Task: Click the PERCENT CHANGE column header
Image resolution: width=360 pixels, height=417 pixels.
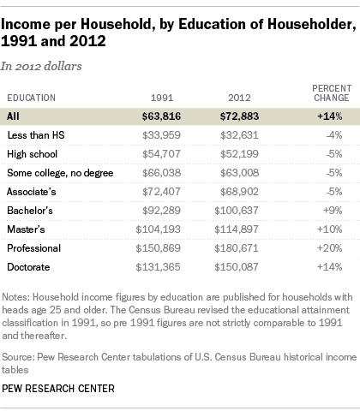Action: [332, 93]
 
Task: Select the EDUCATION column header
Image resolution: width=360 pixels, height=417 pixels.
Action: [32, 98]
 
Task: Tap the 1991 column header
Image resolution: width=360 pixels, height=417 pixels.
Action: [162, 98]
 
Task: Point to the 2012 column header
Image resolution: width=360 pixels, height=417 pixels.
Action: [239, 98]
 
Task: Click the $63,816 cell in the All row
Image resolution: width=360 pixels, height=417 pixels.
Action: [161, 116]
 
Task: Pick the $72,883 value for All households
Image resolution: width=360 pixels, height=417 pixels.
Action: [239, 116]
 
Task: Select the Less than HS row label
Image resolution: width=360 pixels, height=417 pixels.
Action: [36, 135]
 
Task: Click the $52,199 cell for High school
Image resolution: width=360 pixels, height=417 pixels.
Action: [239, 154]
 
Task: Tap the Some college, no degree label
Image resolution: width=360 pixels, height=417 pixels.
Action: [60, 173]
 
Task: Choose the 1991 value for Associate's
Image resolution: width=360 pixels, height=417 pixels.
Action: [161, 192]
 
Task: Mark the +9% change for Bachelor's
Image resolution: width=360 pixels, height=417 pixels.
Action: [333, 211]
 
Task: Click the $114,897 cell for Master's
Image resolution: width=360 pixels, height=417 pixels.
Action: [237, 229]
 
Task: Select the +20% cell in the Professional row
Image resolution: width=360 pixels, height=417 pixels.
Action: [330, 248]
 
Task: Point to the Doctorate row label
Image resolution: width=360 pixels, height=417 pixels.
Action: [28, 267]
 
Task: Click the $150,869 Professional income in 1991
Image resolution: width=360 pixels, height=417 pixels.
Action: [158, 248]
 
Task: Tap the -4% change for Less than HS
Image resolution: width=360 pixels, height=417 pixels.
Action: [334, 135]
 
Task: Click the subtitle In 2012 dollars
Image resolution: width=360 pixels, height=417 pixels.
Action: [41, 66]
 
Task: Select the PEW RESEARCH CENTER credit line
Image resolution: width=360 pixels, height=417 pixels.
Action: [58, 389]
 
